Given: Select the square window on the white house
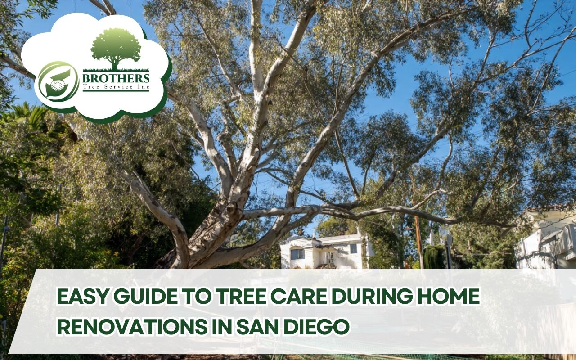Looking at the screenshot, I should (353, 248).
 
